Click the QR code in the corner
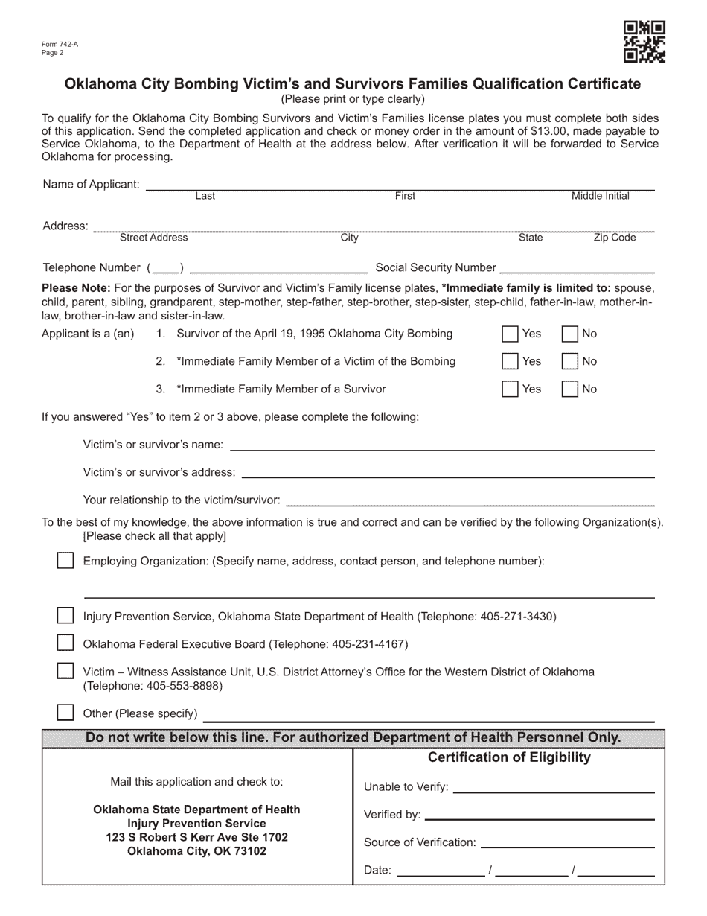pos(644,42)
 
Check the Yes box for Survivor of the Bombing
pos(510,334)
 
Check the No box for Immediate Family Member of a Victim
pos(569,361)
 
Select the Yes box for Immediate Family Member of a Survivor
pos(510,389)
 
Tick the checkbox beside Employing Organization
pos(65,561)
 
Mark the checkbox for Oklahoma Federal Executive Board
pos(65,643)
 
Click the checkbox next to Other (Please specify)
pos(65,713)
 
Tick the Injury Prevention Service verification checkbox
pos(65,616)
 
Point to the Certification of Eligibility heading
pos(509,757)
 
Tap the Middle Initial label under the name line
pos(600,196)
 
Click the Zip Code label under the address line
pos(614,238)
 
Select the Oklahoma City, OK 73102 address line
pos(196,851)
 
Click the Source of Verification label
pos(420,842)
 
